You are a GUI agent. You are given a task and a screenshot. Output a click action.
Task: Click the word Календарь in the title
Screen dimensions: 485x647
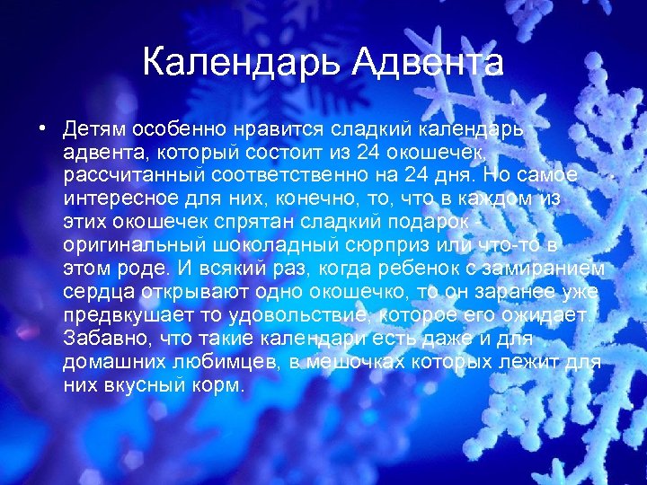(x=241, y=63)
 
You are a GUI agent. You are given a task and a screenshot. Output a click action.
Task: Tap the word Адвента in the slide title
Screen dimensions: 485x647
(x=428, y=63)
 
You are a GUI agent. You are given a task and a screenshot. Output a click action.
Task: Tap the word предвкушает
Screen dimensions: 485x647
(x=123, y=314)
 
